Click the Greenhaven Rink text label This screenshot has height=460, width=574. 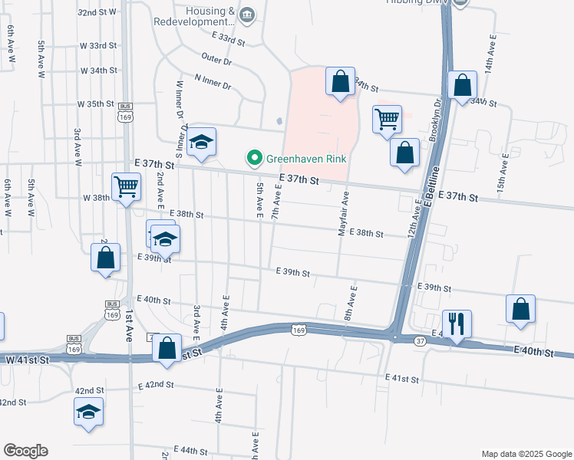[x=306, y=159]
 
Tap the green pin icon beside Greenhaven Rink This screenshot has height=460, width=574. [x=253, y=159]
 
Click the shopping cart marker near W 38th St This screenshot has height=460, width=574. [x=126, y=186]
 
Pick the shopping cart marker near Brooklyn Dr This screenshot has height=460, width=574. [x=387, y=119]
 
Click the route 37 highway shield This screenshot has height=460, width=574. [x=420, y=340]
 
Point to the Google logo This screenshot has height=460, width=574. [x=25, y=451]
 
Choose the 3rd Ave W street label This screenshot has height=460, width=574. [x=78, y=147]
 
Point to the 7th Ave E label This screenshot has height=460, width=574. [x=276, y=202]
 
